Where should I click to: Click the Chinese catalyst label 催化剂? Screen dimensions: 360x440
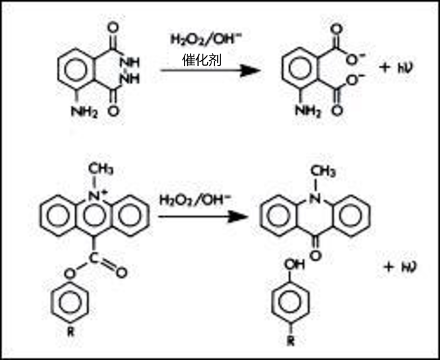(x=202, y=60)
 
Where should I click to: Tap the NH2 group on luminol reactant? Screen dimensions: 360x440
(x=84, y=112)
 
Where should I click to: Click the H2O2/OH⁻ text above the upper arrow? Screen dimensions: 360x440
(x=206, y=40)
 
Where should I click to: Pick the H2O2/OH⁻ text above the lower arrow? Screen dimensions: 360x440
(x=195, y=200)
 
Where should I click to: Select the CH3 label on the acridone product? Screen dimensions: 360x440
(x=323, y=171)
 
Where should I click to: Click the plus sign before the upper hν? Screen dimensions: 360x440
(x=385, y=67)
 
